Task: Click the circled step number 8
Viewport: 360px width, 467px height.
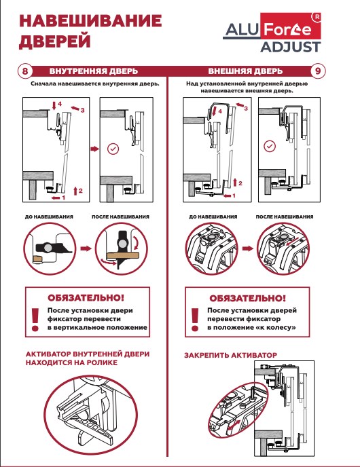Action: click(x=25, y=71)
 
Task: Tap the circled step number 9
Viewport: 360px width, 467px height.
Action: click(x=318, y=71)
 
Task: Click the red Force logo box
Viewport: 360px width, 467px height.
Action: click(x=291, y=26)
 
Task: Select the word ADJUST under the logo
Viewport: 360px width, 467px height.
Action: click(x=291, y=47)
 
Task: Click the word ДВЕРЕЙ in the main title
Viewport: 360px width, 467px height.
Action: click(x=54, y=41)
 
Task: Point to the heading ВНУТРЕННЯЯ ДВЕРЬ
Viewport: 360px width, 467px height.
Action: click(x=94, y=71)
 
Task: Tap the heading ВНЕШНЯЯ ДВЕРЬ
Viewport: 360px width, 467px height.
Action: click(x=245, y=71)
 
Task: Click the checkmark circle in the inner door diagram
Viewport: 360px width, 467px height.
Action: click(x=113, y=149)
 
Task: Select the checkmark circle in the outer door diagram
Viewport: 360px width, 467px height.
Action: click(x=270, y=146)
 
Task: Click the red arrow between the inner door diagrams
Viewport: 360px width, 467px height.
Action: click(x=95, y=149)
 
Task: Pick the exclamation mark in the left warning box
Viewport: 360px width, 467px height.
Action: click(x=35, y=320)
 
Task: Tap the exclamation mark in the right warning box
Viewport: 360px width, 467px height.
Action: click(x=195, y=320)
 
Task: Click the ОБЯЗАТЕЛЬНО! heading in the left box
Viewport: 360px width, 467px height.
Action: click(x=86, y=297)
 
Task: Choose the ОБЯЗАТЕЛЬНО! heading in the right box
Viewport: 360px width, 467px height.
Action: click(x=247, y=298)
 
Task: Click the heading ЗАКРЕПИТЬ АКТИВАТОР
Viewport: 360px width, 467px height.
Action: click(x=231, y=355)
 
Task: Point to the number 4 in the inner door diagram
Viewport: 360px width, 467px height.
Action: click(x=60, y=104)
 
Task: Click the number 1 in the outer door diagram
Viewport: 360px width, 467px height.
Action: click(x=234, y=195)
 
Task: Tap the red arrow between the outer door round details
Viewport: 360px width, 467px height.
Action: click(x=247, y=248)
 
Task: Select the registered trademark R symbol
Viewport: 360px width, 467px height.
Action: click(x=317, y=17)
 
